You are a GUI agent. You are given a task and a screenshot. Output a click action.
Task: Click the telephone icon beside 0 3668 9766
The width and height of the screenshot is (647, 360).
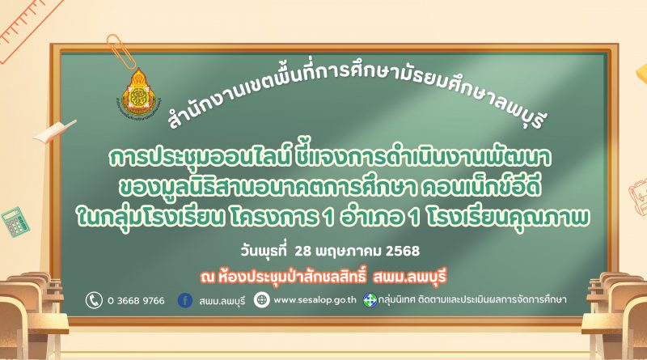(94, 300)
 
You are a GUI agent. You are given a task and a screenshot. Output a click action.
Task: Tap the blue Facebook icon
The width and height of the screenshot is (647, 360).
(185, 300)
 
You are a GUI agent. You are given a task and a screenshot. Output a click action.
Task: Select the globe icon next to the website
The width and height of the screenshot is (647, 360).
(261, 299)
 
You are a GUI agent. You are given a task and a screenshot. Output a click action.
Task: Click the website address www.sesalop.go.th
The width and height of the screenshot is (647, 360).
(315, 300)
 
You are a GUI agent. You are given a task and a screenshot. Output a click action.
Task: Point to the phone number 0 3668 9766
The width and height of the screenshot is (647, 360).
(136, 301)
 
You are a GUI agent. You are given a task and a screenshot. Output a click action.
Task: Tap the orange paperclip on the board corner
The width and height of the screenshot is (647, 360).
(121, 51)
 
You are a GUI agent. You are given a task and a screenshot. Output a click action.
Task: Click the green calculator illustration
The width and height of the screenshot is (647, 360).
(15, 222)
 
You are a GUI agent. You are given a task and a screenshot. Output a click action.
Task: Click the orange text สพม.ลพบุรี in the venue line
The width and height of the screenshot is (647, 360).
(409, 277)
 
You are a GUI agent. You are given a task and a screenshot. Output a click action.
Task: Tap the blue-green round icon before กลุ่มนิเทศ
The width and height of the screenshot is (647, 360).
(370, 300)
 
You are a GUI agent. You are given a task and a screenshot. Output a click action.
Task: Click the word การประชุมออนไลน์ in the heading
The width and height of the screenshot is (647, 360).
(200, 158)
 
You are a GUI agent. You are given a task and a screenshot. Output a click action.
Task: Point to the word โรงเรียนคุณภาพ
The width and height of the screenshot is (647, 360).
(507, 218)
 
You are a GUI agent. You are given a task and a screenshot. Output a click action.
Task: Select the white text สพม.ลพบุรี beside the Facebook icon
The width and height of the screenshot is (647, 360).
(222, 301)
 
